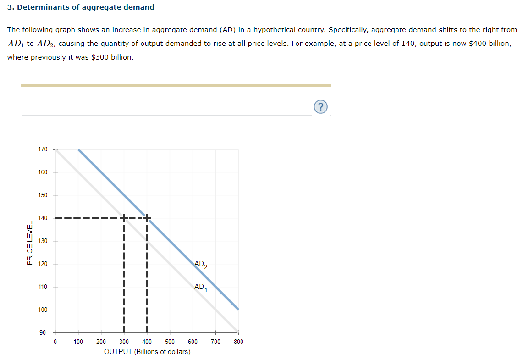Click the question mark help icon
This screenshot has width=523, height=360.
321,107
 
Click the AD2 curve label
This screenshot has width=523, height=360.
201,265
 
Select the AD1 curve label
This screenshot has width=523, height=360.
201,288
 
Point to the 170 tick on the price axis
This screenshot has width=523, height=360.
43,150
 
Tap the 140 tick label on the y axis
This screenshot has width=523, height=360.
43,218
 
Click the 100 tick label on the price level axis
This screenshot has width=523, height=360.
43,310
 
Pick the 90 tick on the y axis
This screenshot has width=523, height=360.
43,333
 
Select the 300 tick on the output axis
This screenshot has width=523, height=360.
124,342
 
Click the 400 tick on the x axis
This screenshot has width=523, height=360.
147,342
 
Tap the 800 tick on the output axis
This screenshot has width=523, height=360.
238,342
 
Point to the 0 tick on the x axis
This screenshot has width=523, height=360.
55,342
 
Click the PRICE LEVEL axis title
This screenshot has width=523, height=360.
30,243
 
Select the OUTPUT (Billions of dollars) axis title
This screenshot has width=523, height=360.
147,352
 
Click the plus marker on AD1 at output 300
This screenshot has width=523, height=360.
124,218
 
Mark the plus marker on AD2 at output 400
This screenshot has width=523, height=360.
147,218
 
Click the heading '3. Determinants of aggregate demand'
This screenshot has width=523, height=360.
81,7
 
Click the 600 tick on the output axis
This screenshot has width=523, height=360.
193,342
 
